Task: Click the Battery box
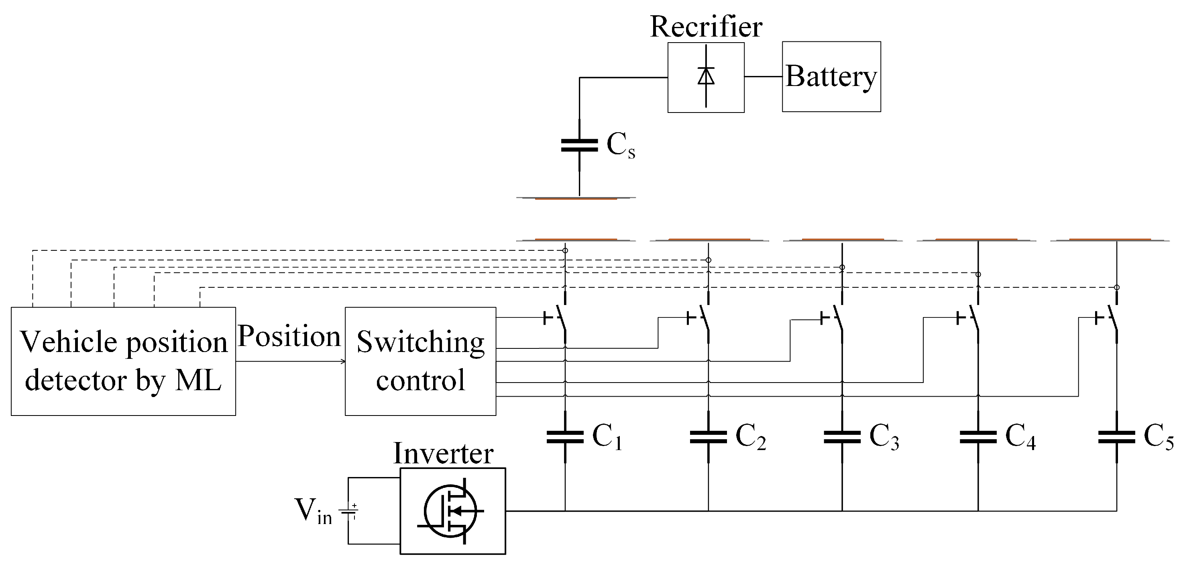pyautogui.click(x=831, y=77)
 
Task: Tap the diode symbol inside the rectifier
pyautogui.click(x=706, y=76)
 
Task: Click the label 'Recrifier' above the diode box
pyautogui.click(x=706, y=27)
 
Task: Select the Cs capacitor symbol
pyautogui.click(x=580, y=145)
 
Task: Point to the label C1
pyautogui.click(x=607, y=436)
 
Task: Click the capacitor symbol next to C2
pyautogui.click(x=709, y=436)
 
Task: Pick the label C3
pyautogui.click(x=884, y=436)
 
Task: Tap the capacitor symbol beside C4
pyautogui.click(x=978, y=436)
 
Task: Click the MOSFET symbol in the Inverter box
pyautogui.click(x=451, y=511)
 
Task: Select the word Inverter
pyautogui.click(x=443, y=453)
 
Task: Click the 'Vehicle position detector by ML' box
pyautogui.click(x=123, y=361)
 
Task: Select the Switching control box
pyautogui.click(x=420, y=361)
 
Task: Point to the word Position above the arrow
pyautogui.click(x=289, y=336)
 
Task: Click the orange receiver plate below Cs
pyautogui.click(x=576, y=199)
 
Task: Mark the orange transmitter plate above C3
pyautogui.click(x=843, y=240)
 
